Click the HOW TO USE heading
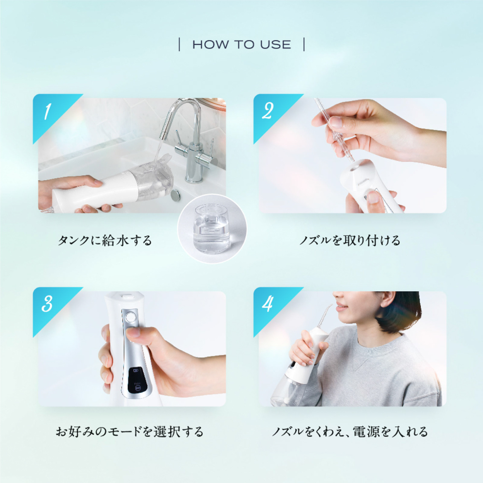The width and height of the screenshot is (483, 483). pos(241,45)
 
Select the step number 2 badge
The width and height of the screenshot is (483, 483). pos(268,112)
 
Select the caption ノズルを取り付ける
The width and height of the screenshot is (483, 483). pos(350,240)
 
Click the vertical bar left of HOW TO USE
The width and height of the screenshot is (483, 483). pos(180,45)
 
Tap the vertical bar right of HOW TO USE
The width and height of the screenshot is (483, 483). pos(304,45)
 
